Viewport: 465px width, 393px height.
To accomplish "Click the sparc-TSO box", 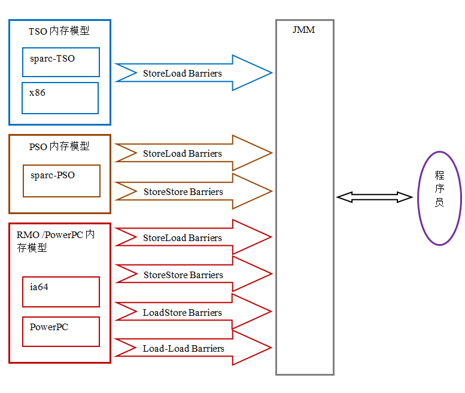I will pos(60,62).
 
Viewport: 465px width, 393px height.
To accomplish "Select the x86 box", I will pos(60,98).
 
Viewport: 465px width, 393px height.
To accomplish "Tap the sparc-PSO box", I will pos(61,181).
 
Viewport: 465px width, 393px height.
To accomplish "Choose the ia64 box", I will pos(60,292).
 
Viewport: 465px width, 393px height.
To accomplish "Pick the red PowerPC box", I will pos(60,331).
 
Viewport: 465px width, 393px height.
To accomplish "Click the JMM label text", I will pos(304,30).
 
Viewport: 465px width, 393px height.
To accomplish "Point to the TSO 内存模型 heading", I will pos(59,31).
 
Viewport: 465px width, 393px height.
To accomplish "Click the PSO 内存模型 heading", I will pos(59,147).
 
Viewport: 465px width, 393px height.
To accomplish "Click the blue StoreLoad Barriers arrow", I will pos(192,73).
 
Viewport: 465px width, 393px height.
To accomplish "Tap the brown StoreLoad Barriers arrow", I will pos(192,153).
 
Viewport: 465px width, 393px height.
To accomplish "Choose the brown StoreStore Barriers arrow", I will pos(192,191).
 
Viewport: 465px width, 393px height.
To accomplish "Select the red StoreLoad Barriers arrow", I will pos(192,237).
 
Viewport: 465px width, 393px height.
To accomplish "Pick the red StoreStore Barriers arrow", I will pos(192,275).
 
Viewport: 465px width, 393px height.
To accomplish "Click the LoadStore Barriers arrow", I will pos(192,312).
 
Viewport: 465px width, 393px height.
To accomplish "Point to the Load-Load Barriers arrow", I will pos(192,348).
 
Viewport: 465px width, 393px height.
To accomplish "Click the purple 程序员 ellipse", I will pos(439,198).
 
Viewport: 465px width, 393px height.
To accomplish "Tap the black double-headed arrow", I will pos(375,197).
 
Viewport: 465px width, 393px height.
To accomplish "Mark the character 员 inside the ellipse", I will pos(439,203).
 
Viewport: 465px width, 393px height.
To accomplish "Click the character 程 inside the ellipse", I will pos(439,175).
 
